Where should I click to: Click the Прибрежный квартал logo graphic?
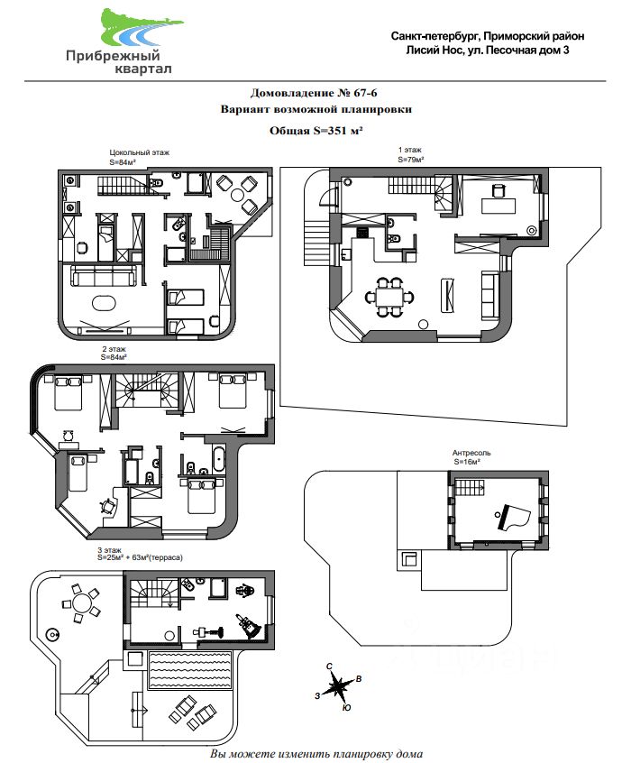[x=141, y=27]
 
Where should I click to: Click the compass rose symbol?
[x=339, y=685]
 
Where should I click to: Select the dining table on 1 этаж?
[x=389, y=297]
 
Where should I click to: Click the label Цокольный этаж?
[x=140, y=152]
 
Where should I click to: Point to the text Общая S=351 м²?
[x=316, y=131]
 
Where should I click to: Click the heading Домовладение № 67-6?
[x=314, y=93]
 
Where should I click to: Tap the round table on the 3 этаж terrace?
[x=81, y=604]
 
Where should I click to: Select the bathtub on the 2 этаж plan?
[x=218, y=458]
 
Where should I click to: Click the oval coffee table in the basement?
[x=104, y=303]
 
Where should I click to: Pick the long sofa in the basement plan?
[x=104, y=276]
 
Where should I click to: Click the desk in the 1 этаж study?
[x=499, y=206]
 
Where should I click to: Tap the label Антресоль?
[x=471, y=453]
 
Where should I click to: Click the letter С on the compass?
[x=329, y=666]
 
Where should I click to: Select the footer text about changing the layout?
[x=316, y=754]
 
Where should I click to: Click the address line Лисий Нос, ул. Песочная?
[x=488, y=50]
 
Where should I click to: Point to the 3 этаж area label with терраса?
[x=140, y=557]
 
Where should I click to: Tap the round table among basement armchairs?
[x=239, y=195]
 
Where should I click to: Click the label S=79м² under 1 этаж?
[x=411, y=159]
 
